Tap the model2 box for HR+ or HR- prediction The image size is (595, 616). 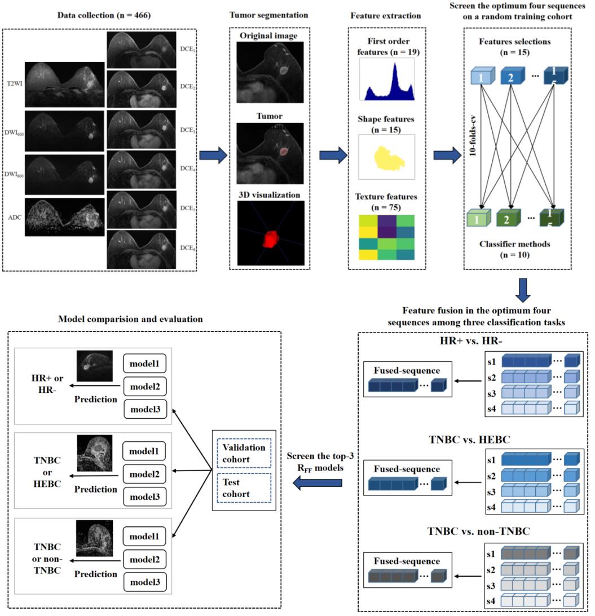coord(144,388)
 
